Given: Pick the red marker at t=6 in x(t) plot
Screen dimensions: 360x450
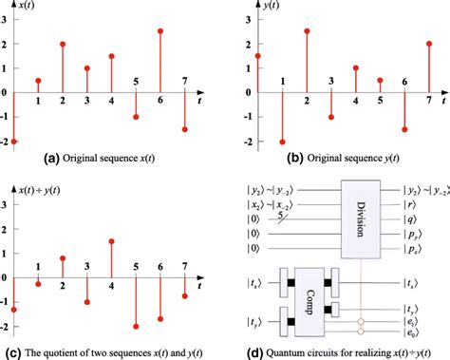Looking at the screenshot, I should (162, 31).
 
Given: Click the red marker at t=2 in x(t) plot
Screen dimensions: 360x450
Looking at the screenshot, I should (64, 44).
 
